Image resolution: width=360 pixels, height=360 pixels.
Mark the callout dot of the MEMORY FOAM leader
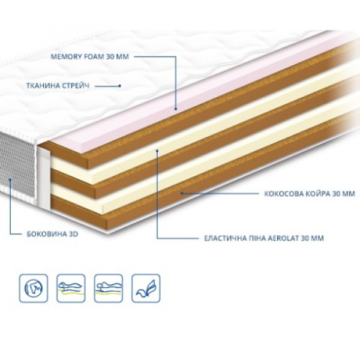175,109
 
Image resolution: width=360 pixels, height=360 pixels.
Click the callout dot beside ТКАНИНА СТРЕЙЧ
120,86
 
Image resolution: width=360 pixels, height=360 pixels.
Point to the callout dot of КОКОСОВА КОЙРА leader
182,193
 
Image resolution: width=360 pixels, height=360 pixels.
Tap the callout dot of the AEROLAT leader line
157,151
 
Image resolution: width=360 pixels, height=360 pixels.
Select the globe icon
33,287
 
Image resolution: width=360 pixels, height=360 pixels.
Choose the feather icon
145,287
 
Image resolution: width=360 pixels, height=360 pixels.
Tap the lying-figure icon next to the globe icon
70,287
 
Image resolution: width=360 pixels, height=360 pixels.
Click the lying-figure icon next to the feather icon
108,287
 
